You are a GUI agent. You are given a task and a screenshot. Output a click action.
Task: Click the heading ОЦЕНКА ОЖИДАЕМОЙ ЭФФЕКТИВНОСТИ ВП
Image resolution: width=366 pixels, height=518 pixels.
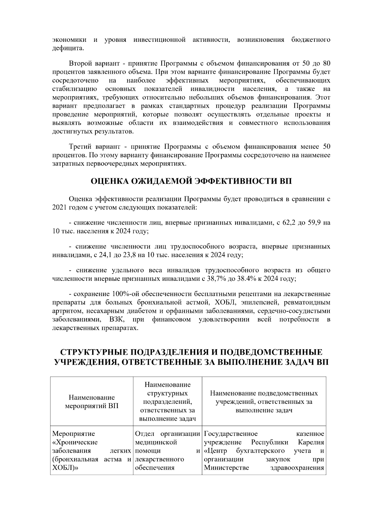click(191, 181)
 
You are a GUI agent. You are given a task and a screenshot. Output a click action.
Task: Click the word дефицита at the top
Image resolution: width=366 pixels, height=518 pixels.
click(67, 48)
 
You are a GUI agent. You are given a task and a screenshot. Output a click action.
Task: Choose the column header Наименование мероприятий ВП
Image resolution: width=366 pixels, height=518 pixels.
click(92, 401)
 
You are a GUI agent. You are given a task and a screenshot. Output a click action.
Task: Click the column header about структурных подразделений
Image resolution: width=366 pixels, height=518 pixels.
click(167, 401)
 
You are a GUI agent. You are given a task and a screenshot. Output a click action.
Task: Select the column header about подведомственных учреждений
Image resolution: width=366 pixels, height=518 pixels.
click(264, 401)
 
